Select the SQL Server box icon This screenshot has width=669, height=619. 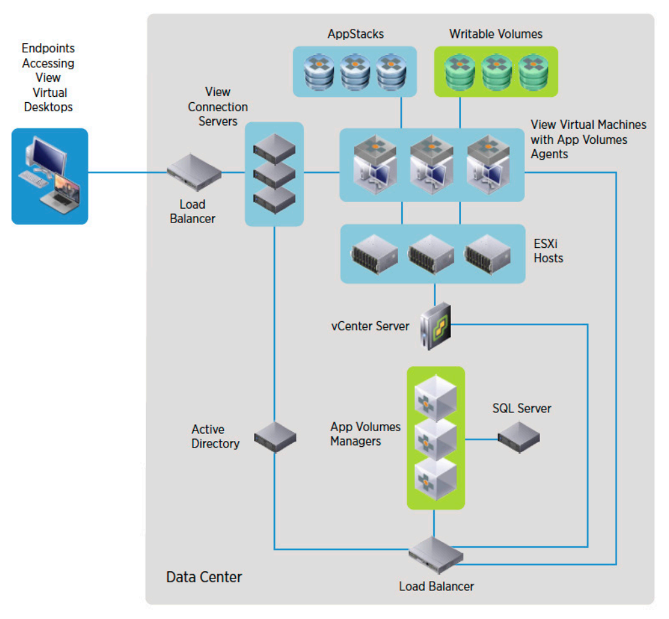coord(518,438)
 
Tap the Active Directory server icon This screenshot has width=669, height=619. coord(275,437)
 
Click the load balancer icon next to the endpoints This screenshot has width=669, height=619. coord(194,172)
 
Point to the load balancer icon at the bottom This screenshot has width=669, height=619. coord(436,556)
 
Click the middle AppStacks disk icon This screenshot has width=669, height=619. coord(355,72)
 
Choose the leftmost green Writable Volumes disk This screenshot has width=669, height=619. coord(460,72)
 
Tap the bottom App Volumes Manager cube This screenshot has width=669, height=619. coord(435,478)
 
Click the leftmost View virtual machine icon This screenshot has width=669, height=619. coord(375,163)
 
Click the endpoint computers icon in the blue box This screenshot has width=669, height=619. coord(50,175)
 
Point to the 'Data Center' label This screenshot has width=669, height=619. coord(204,577)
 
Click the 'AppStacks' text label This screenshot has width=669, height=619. coord(355,33)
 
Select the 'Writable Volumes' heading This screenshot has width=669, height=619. coord(496,33)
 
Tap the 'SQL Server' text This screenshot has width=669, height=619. coord(522,408)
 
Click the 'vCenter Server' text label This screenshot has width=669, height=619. coord(370,325)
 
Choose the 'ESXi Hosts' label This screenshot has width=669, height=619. coord(548,251)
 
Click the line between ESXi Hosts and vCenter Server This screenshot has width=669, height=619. coord(435,292)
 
